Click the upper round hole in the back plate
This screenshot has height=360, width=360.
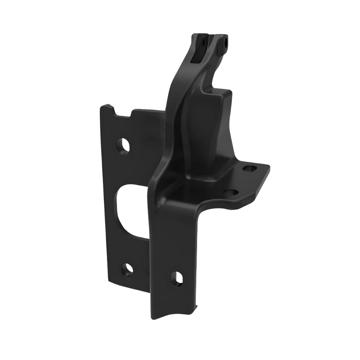[x=123, y=145]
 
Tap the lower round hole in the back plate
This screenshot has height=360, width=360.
[x=127, y=269]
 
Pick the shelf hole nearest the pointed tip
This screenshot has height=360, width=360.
[x=250, y=168]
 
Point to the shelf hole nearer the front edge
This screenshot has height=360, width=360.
[x=231, y=192]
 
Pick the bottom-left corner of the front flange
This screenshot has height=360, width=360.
[x=152, y=318]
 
